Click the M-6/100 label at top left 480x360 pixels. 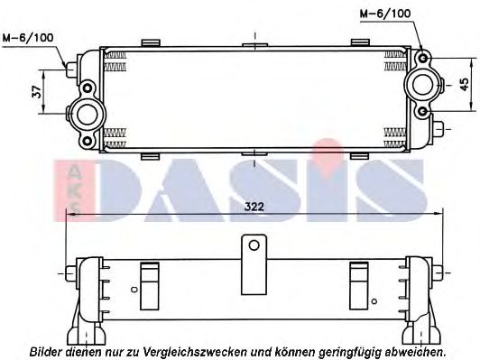pos(27,38)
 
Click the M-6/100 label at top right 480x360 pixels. pos(386,13)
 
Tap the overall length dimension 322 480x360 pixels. pos(255,207)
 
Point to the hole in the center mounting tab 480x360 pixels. pos(254,245)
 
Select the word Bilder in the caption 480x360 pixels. pos(46,350)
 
